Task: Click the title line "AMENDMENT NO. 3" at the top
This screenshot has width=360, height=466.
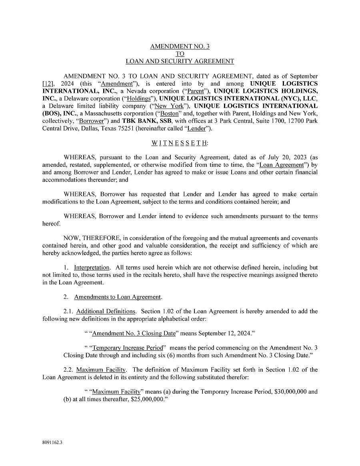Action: point(180,46)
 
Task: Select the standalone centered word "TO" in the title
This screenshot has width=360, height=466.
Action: point(180,54)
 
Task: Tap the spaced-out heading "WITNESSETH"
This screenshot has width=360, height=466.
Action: point(180,143)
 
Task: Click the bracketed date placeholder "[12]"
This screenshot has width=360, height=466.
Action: point(48,84)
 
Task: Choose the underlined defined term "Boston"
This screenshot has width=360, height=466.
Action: point(169,113)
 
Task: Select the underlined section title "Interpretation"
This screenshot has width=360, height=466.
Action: point(92,268)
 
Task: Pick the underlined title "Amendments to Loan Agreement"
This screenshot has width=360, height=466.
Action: point(118,297)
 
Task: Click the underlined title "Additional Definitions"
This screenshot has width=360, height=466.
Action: point(106,312)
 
